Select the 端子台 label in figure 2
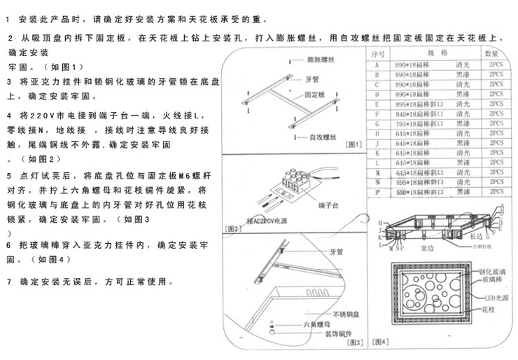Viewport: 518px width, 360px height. [330, 205]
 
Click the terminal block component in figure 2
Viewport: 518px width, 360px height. [291, 175]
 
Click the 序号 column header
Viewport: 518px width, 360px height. [379, 54]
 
